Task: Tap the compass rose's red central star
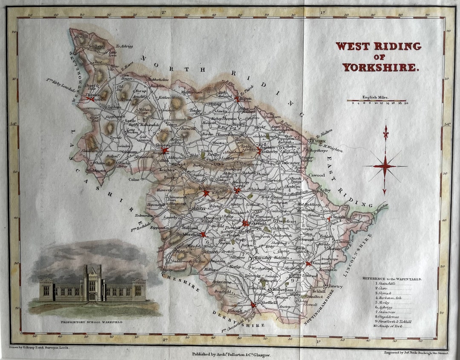coord(385,166)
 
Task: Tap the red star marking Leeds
coord(237,190)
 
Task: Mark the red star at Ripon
coord(237,98)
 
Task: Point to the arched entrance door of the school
coord(92,297)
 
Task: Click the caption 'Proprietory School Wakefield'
coord(91,322)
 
